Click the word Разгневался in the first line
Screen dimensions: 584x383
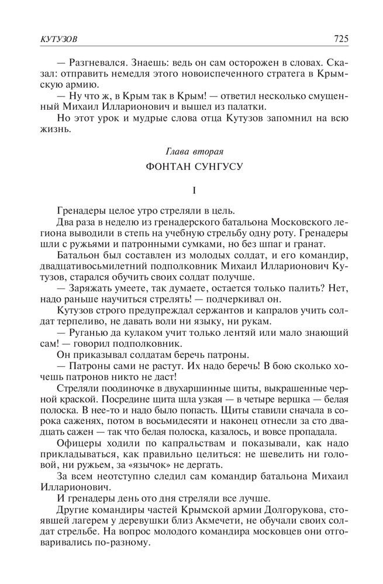point(97,62)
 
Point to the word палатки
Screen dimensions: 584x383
point(249,106)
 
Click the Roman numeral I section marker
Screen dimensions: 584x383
point(191,191)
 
